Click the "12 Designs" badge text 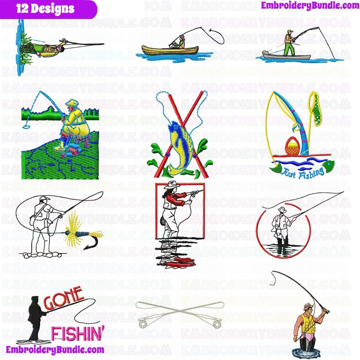pyautogui.click(x=45, y=9)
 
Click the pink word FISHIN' pyautogui.click(x=78, y=333)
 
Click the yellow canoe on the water pyautogui.click(x=170, y=50)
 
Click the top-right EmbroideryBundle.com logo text pyautogui.click(x=310, y=5)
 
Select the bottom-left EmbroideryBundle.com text pyautogui.click(x=55, y=350)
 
